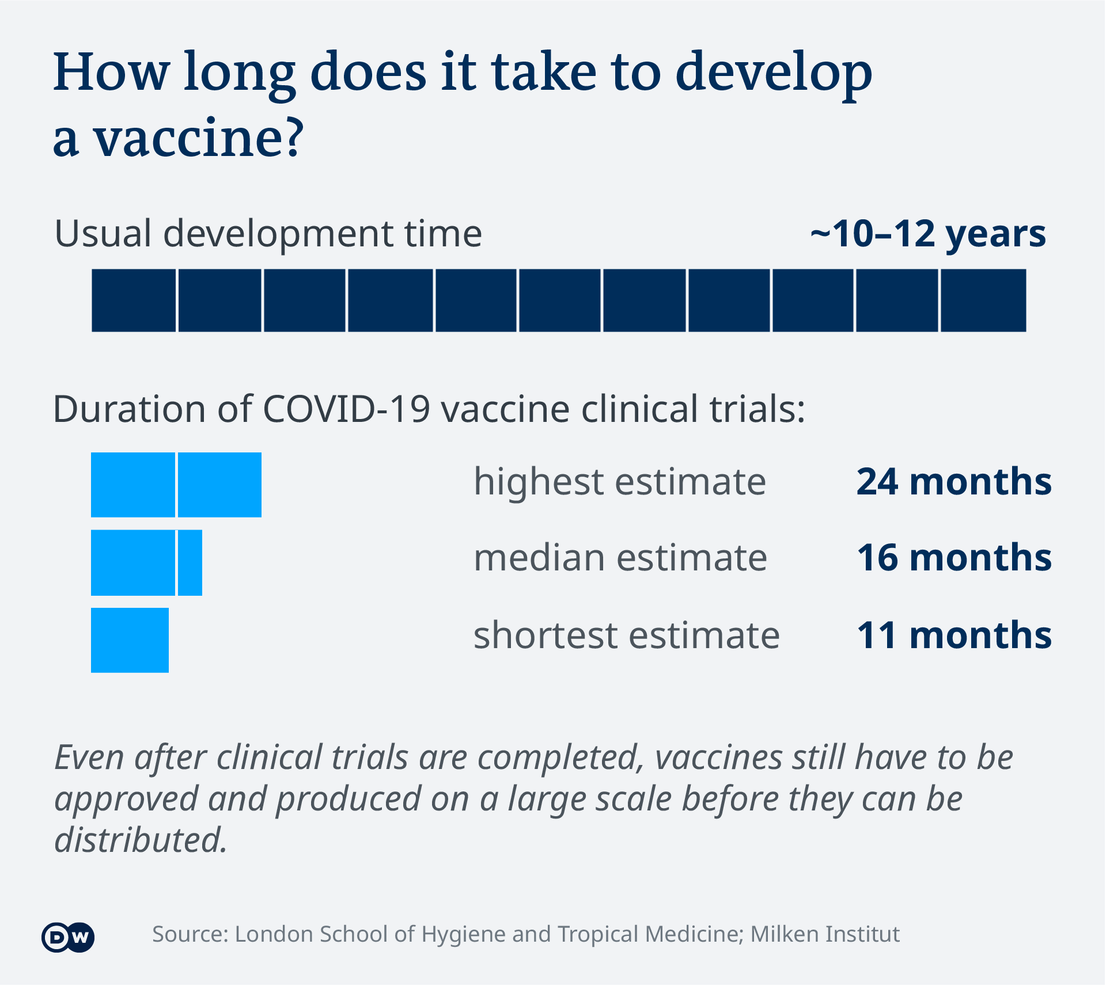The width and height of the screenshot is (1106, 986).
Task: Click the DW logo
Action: coord(68,938)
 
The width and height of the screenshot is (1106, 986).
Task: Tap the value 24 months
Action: coord(953,481)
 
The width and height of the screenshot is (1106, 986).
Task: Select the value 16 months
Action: coord(953,558)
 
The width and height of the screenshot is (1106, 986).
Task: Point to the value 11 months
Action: coord(953,635)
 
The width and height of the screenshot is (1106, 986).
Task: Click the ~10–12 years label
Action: coord(927,234)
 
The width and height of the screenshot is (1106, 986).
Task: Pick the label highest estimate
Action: coord(620,481)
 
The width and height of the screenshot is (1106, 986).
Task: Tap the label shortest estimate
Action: coord(627,635)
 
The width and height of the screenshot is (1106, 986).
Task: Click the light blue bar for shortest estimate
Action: coord(130,640)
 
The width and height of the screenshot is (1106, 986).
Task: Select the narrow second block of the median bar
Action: coord(190,563)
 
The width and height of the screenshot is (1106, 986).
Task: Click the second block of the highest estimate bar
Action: coord(219,485)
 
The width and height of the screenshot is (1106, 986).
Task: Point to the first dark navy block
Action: coord(134,300)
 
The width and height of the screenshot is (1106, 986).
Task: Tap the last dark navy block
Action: coord(983,300)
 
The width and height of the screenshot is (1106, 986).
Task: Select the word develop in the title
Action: coord(774,74)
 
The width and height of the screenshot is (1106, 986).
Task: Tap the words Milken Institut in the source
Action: coord(825,934)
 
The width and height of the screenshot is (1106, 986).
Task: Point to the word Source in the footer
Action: coord(190,934)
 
